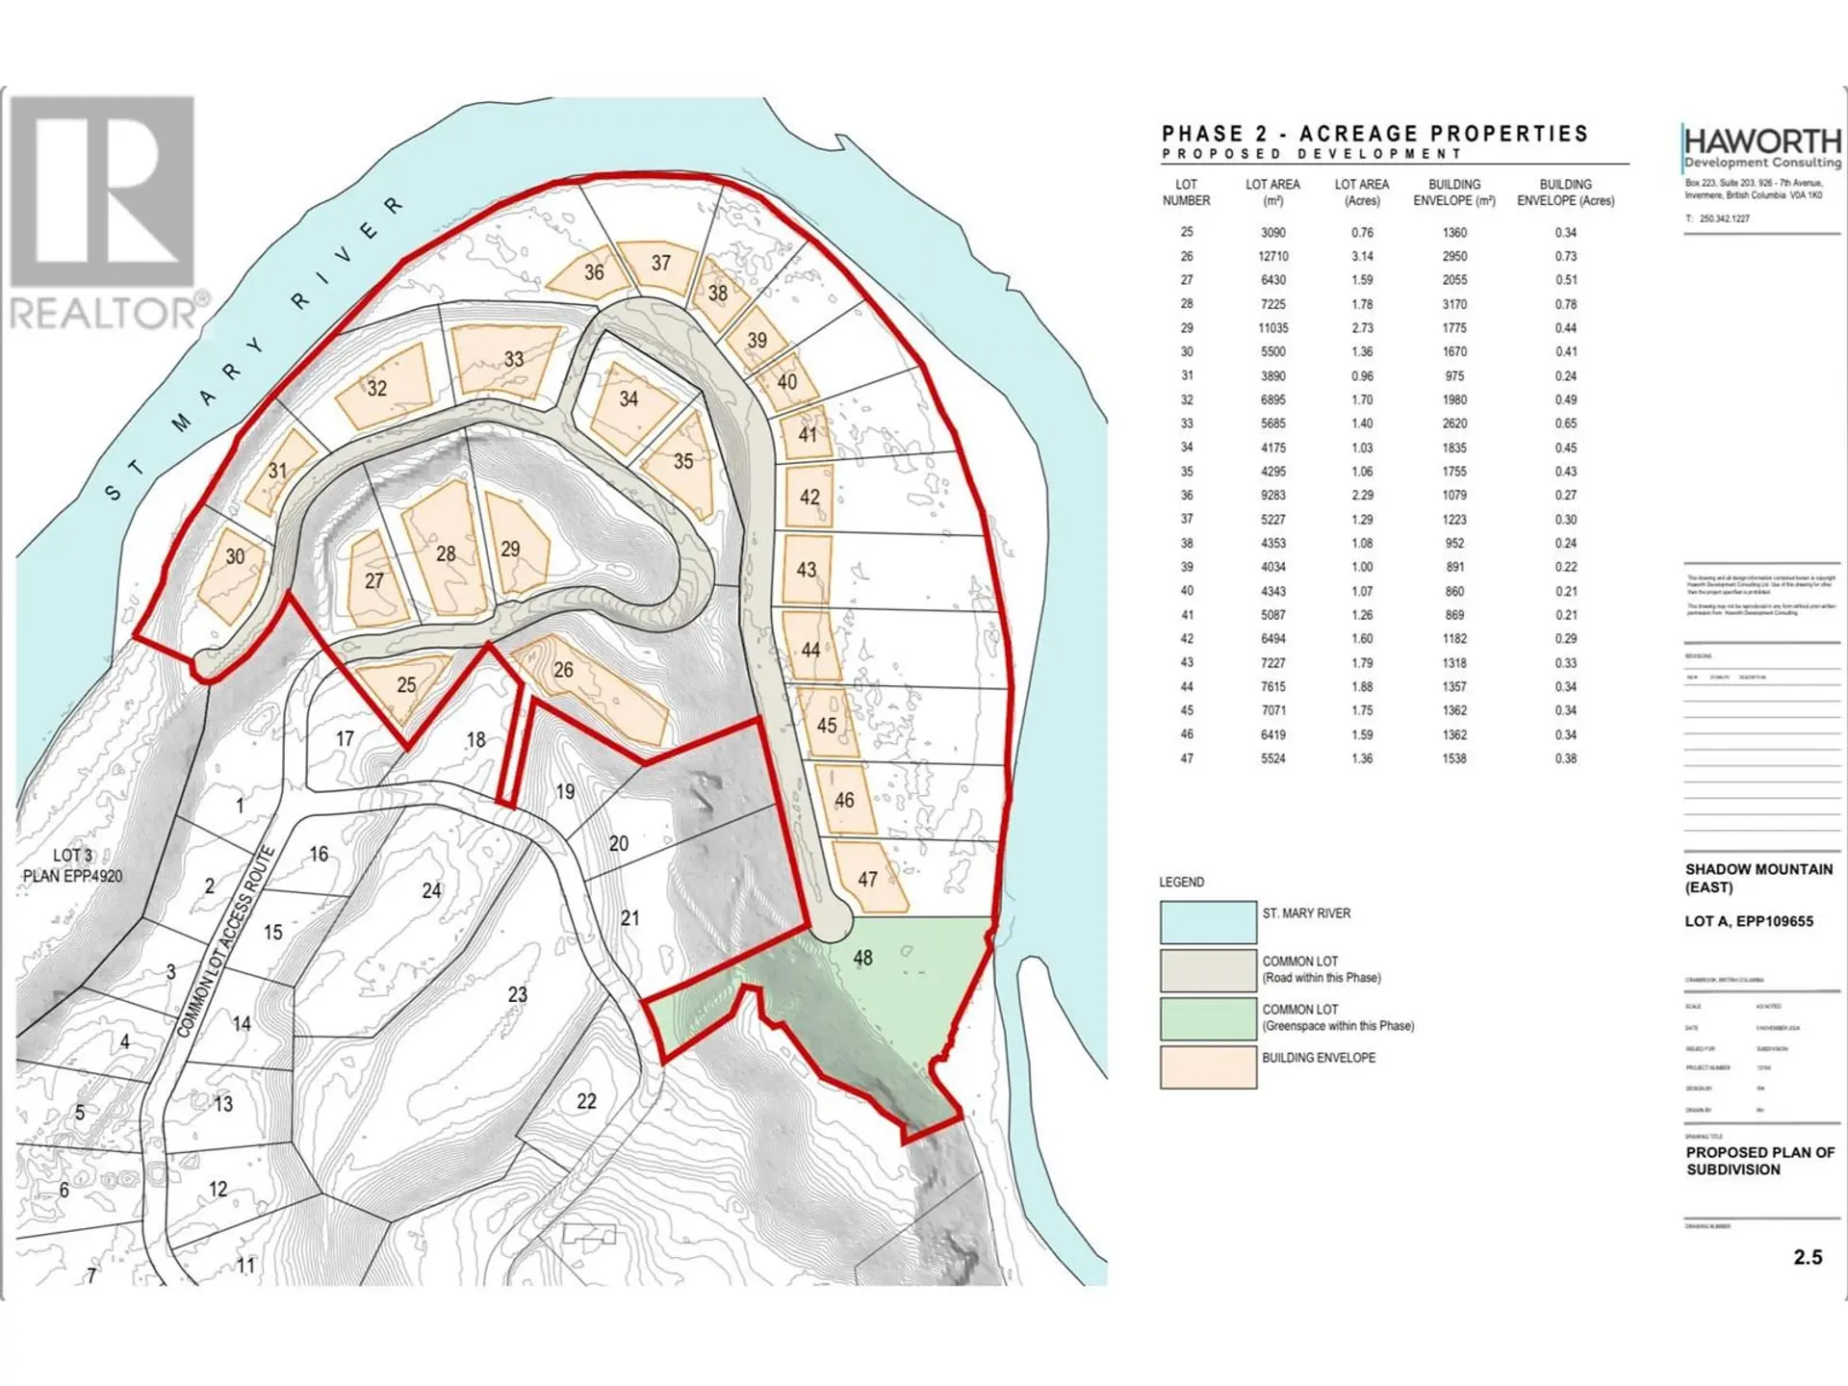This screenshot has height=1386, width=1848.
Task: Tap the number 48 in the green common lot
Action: pos(862,958)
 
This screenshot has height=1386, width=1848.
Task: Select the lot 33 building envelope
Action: pos(504,360)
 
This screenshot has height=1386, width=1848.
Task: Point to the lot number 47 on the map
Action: pos(867,879)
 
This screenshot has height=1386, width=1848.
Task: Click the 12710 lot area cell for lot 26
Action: pos(1272,256)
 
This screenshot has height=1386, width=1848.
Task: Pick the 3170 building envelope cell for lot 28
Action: pos(1454,304)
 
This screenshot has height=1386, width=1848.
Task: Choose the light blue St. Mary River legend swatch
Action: pos(1208,922)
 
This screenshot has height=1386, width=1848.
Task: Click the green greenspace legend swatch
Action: pos(1208,1018)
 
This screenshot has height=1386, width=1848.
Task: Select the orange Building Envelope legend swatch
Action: pos(1208,1066)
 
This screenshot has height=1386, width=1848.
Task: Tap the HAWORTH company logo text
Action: pos(1762,141)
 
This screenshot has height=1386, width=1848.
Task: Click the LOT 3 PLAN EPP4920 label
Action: pos(73,865)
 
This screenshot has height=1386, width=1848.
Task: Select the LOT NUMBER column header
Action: pos(1186,192)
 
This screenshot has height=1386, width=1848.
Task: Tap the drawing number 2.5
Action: pos(1808,1257)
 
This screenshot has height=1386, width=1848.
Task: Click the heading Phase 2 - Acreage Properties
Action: pos(1374,134)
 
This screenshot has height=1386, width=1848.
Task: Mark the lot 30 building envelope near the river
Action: pos(232,574)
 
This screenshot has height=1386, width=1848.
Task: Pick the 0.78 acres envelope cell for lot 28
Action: pos(1566,304)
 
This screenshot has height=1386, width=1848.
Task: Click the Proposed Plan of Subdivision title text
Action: pos(1760,1161)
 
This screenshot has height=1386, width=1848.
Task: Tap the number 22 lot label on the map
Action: pos(586,1101)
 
